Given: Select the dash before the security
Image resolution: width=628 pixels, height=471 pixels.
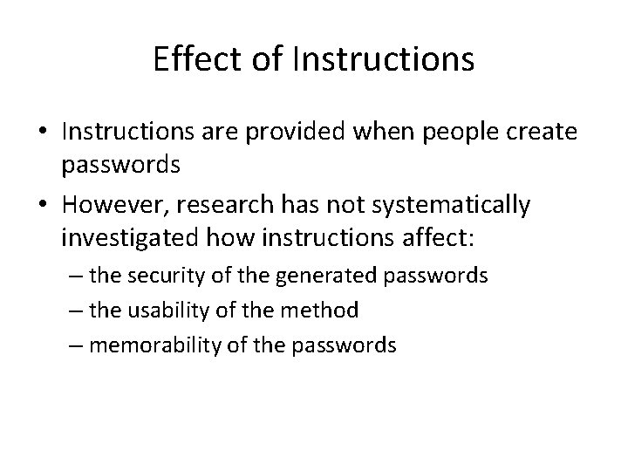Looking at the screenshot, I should coord(77,277).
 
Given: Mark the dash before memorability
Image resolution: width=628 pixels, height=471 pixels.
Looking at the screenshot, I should coord(77,345).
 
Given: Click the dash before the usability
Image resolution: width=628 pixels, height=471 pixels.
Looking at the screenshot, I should coord(77,311).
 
